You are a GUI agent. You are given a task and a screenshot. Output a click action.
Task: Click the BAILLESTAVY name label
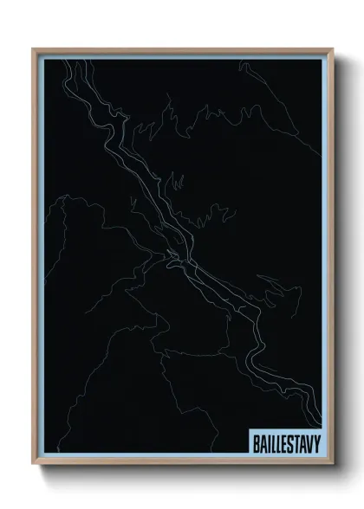[x=285, y=442]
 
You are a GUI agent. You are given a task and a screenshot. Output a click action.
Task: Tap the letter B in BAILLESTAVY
[x=257, y=442]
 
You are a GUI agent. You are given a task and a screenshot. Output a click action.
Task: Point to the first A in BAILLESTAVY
[x=263, y=442]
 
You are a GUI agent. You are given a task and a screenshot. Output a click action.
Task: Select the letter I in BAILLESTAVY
[x=269, y=442]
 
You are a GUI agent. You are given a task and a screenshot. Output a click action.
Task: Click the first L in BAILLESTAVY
[x=273, y=442]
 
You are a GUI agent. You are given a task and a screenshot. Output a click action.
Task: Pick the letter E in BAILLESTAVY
[x=283, y=442]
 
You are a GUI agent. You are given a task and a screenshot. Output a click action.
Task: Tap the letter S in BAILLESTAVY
[x=289, y=442]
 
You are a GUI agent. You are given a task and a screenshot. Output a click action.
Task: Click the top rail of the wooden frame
[x=182, y=49]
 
